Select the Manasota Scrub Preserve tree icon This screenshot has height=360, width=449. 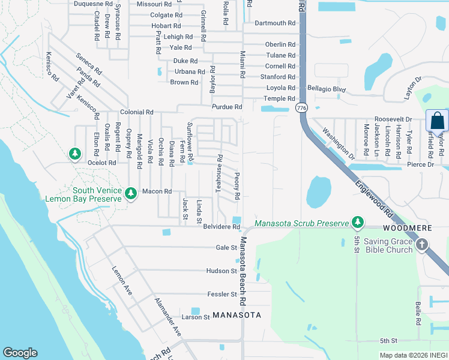click(358, 223)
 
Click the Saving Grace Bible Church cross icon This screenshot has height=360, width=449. click(422, 244)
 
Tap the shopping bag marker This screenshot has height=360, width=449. click(436, 121)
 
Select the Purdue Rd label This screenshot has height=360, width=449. click(226, 107)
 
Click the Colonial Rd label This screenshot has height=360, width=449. click(137, 112)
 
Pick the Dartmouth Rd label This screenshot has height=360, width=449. click(275, 23)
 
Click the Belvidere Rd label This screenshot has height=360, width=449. click(221, 227)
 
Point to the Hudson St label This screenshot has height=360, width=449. click(221, 271)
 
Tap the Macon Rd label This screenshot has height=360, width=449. click(157, 191)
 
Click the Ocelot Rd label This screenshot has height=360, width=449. click(101, 163)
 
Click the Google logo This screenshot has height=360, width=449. click(20, 353)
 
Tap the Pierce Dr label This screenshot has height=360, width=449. click(421, 164)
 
